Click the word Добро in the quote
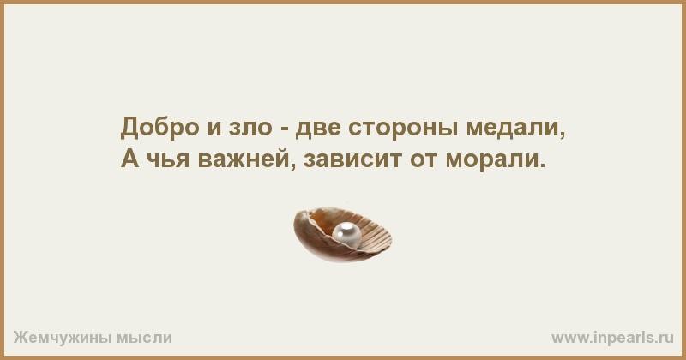coord(159,128)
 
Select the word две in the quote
coord(318,128)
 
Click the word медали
coord(512,129)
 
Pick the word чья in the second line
coord(168,159)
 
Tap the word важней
coord(244,158)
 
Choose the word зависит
coord(352,159)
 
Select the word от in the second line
coord(423,159)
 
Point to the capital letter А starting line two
coord(130,158)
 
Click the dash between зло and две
coord(284,129)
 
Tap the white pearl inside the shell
coord(347,235)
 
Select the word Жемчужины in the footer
coord(62,337)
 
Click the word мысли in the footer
coord(144,338)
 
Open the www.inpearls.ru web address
coord(612,337)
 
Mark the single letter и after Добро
coord(214,129)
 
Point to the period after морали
coord(544,165)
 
